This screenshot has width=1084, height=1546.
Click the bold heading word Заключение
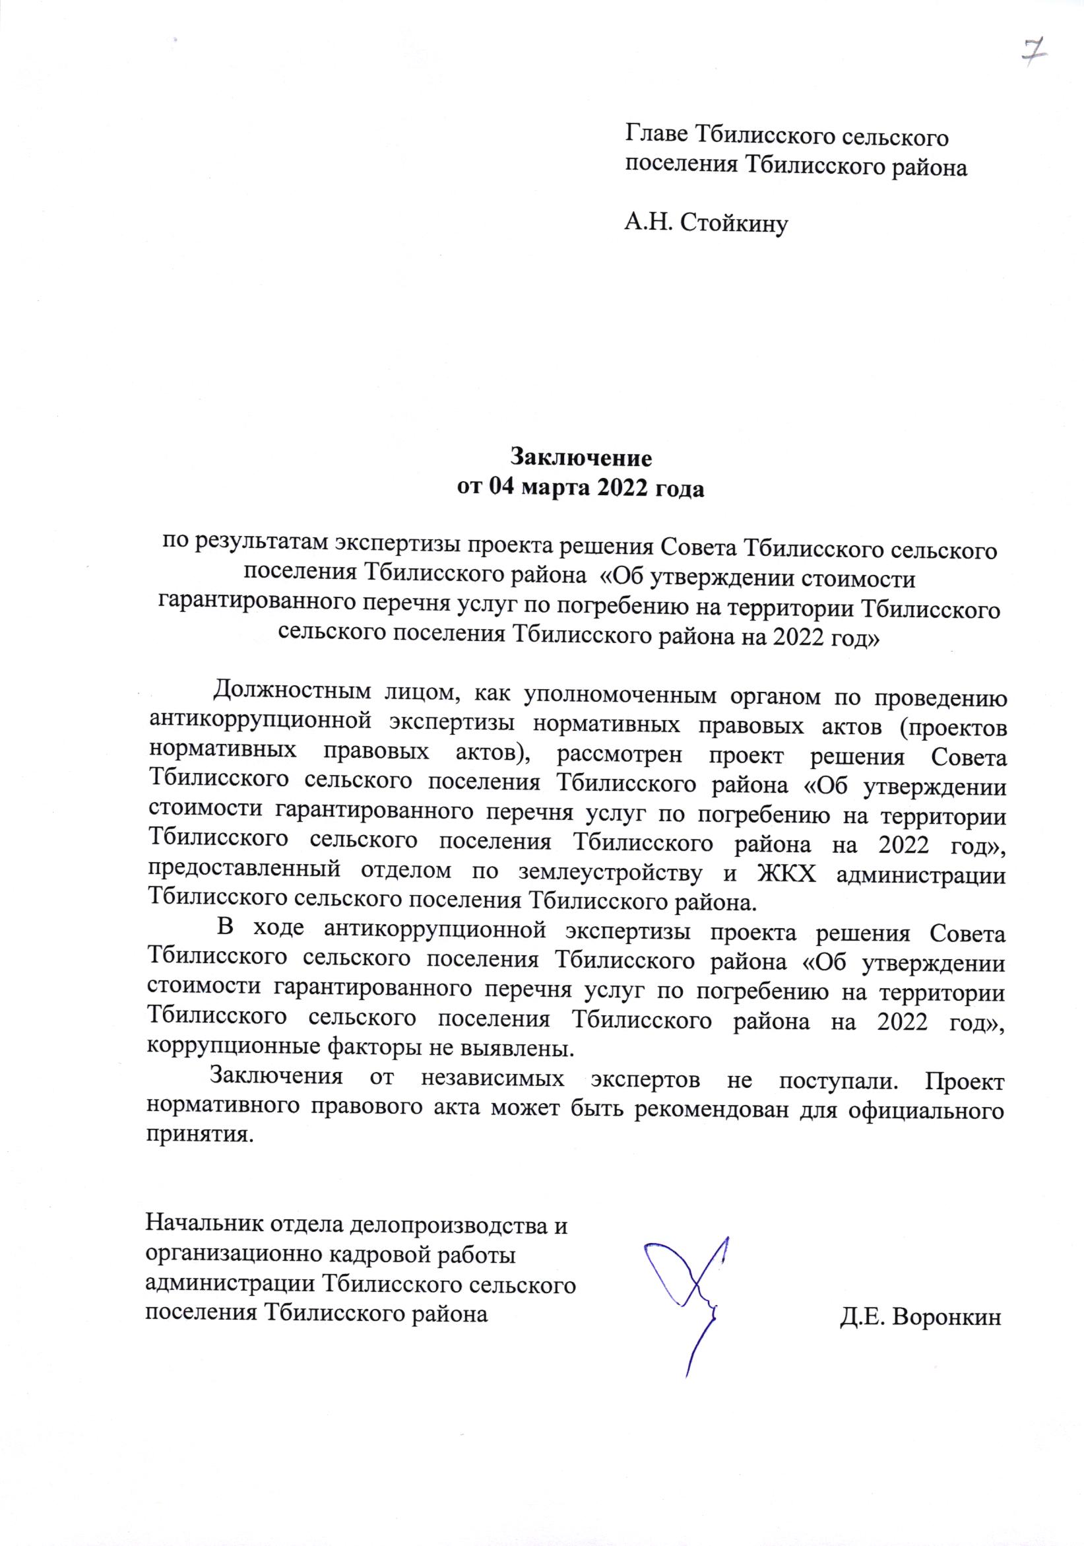(x=581, y=457)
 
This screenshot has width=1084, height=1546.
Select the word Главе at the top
(x=656, y=137)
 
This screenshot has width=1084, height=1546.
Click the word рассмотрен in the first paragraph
(x=620, y=757)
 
